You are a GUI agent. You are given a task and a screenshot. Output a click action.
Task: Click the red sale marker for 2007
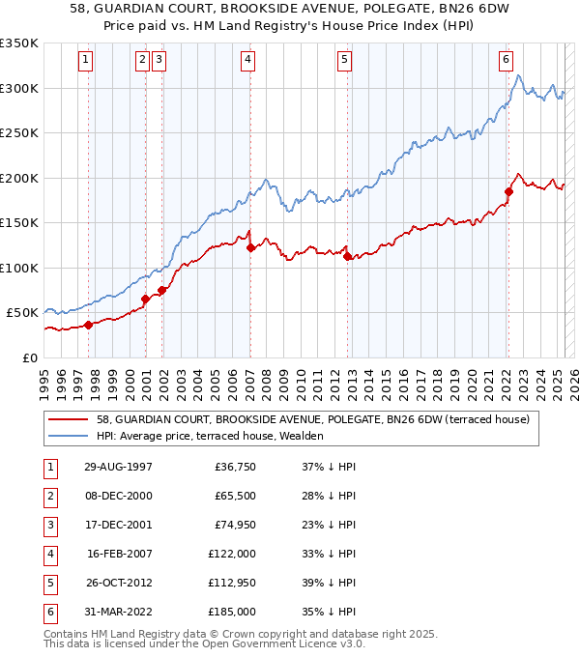click(250, 248)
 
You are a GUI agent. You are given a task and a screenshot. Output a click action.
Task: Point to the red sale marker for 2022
click(508, 191)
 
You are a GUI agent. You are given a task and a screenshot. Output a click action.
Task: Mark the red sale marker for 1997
click(88, 325)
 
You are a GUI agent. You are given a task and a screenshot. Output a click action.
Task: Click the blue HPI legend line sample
click(69, 437)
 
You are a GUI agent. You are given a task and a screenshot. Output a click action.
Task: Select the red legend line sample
click(69, 420)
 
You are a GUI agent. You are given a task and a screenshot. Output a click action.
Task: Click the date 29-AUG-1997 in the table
click(118, 468)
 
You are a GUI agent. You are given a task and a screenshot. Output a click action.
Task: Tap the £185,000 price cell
click(232, 613)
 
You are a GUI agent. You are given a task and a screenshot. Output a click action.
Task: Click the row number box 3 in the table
click(48, 526)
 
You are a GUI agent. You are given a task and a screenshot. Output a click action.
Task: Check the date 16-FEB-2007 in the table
click(119, 555)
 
